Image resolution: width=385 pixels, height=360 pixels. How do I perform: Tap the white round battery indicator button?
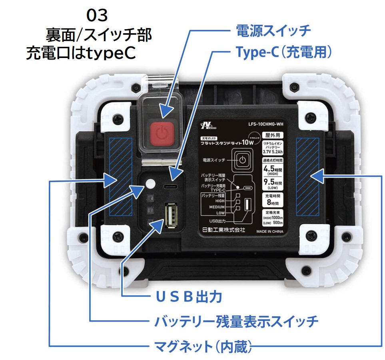click(150, 184)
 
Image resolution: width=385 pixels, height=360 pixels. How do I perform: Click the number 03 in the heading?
click(97, 16)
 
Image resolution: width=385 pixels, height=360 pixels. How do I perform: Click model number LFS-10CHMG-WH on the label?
click(265, 124)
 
